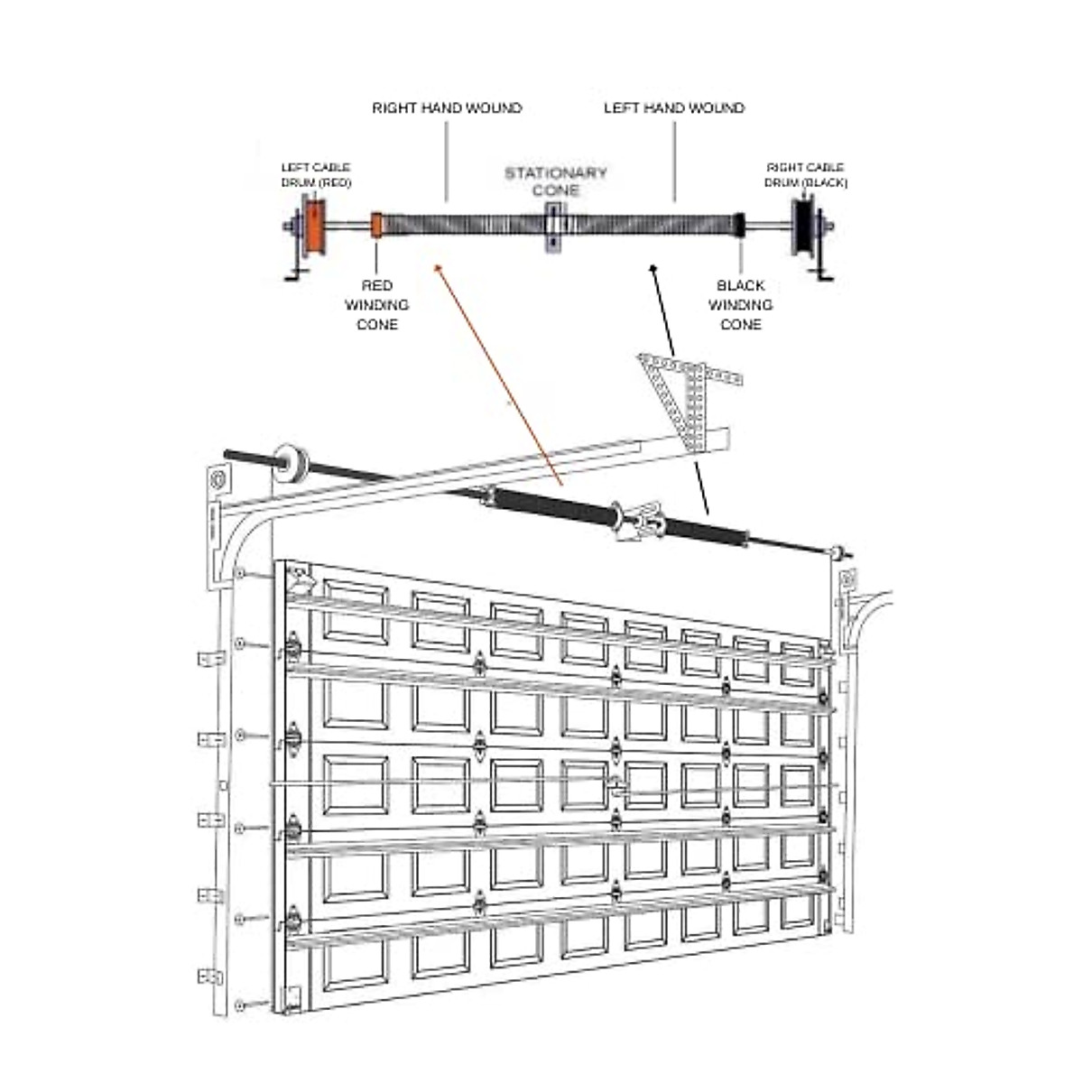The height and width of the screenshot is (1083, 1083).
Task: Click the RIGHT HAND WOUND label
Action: coord(447,108)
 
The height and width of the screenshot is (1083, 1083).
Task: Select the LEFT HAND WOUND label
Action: coord(673,108)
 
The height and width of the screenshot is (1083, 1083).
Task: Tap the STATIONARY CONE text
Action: coord(555,181)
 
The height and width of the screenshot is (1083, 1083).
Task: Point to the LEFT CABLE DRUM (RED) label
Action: coord(315,175)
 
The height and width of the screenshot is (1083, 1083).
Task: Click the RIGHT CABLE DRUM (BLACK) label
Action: coord(805,175)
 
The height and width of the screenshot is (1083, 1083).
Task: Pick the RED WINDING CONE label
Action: coord(377,305)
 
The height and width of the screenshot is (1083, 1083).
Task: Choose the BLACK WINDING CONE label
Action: coord(740,305)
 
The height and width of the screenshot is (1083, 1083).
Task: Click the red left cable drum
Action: coord(315,227)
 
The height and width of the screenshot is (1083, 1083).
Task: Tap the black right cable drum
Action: coord(802,226)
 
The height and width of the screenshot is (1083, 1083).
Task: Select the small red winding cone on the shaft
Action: coord(377,225)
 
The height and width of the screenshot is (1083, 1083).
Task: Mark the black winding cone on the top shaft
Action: coord(739,224)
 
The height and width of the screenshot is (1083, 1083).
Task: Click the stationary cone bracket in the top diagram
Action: coord(552,226)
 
